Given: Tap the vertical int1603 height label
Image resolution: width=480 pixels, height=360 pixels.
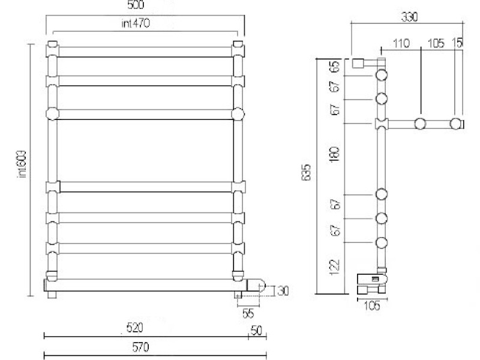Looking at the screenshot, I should pyautogui.click(x=22, y=163).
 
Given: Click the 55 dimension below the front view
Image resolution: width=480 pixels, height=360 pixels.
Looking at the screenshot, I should pyautogui.click(x=248, y=313).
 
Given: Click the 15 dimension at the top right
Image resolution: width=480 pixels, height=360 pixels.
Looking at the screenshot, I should pyautogui.click(x=459, y=43).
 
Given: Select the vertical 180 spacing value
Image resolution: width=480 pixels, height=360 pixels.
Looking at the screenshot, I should pyautogui.click(x=335, y=154).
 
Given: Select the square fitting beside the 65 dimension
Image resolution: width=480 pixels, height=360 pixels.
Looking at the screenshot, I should pyautogui.click(x=359, y=63).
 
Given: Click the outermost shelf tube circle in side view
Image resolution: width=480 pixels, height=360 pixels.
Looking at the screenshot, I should pyautogui.click(x=457, y=124).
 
